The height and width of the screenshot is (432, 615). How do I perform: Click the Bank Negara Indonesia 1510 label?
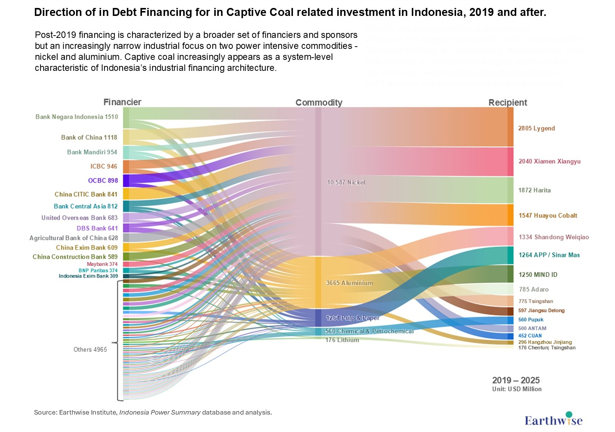[76, 117]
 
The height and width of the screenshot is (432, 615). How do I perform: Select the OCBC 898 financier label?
[103, 180]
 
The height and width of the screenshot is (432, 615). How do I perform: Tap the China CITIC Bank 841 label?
[86, 194]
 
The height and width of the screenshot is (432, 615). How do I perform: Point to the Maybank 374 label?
[102, 264]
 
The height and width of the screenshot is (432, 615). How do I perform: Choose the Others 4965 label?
[90, 349]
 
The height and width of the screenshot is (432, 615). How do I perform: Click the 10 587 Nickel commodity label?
[346, 182]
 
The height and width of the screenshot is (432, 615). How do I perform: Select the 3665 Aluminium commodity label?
[349, 283]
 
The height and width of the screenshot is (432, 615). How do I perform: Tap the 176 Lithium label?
[342, 340]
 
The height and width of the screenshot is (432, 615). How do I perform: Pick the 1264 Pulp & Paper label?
[352, 318]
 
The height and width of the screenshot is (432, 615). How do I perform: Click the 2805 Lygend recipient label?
[536, 128]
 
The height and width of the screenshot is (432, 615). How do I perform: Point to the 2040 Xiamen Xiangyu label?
[549, 161]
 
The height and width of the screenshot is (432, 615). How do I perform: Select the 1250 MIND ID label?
[538, 275]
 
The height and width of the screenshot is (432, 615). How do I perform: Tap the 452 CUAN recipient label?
[530, 336]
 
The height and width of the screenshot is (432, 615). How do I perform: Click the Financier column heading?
[122, 102]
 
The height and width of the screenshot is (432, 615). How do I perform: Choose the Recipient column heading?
[508, 103]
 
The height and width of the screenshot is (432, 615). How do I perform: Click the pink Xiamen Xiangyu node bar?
[511, 162]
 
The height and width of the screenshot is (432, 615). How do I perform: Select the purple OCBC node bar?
[126, 180]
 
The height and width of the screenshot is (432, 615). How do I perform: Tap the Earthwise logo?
[553, 419]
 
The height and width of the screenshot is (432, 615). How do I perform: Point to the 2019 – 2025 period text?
[516, 380]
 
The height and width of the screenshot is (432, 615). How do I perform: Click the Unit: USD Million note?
[517, 389]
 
